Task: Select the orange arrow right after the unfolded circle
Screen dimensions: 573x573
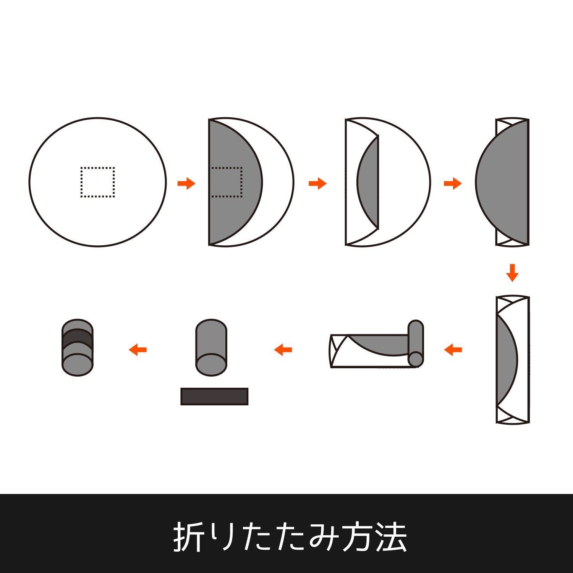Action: [x=186, y=183]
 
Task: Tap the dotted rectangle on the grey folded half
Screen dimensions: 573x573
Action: [x=241, y=182]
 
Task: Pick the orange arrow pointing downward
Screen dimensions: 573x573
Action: [x=512, y=273]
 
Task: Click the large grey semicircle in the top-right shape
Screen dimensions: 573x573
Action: [x=502, y=182]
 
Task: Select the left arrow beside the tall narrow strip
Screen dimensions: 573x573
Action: [x=453, y=350]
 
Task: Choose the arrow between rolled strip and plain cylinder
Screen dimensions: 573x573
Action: [x=283, y=350]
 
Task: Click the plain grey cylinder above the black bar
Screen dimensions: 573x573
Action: [x=211, y=348]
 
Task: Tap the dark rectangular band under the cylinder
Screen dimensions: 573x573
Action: [x=214, y=397]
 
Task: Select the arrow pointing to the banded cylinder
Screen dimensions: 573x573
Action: [x=138, y=350]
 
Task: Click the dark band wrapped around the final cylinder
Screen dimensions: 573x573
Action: [x=78, y=338]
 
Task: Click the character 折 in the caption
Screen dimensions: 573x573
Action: [x=188, y=537]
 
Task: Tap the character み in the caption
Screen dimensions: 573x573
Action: [x=324, y=537]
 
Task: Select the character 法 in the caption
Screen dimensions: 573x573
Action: [x=392, y=537]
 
